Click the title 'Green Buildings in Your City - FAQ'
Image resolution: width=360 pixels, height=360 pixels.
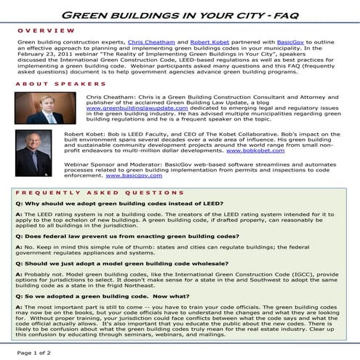click(x=180, y=15)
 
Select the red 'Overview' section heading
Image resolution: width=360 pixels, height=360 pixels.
click(x=45, y=31)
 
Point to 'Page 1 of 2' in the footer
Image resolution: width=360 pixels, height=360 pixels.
click(x=30, y=353)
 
